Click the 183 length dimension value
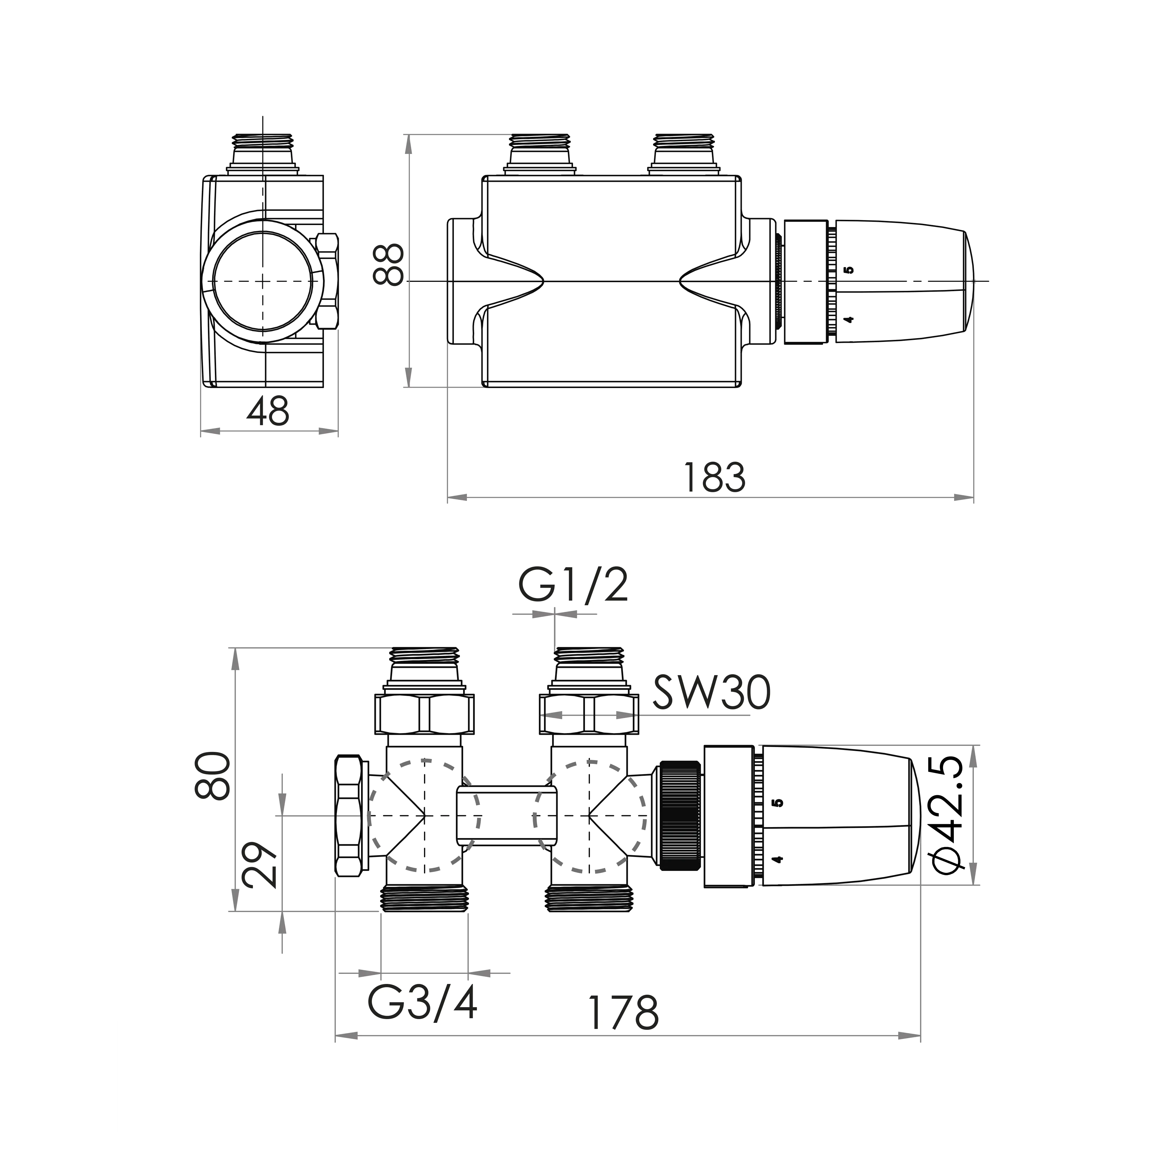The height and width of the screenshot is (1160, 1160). (x=715, y=478)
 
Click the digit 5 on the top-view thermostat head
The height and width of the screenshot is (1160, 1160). (x=848, y=270)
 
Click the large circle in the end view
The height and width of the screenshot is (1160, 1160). (x=263, y=281)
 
